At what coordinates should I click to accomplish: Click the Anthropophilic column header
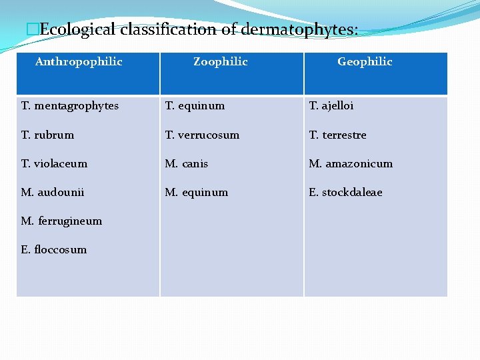(79, 62)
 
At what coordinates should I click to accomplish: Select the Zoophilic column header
(220, 62)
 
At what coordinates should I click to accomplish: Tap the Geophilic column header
(365, 62)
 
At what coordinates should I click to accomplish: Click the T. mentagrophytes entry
(69, 106)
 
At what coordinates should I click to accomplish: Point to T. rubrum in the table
(47, 135)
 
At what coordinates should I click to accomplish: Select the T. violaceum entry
(54, 163)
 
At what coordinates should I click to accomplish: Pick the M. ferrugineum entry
(61, 221)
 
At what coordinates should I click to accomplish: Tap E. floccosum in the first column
(54, 249)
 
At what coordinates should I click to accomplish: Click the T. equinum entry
(195, 106)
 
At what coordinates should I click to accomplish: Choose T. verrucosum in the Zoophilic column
(202, 135)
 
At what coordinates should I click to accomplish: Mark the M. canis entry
(187, 163)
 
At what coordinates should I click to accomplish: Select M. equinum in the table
(197, 192)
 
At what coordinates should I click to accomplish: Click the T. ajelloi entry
(331, 106)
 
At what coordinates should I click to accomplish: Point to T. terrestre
(337, 135)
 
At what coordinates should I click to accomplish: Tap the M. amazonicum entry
(351, 163)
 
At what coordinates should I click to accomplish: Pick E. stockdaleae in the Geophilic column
(345, 192)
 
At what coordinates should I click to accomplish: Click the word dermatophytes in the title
(299, 30)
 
